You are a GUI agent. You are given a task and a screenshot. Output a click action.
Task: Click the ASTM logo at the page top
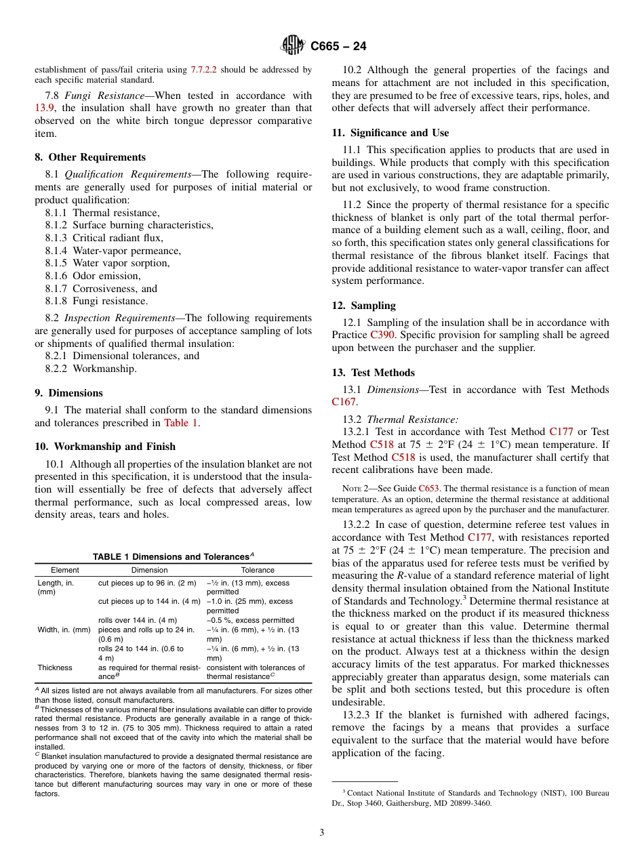(x=293, y=46)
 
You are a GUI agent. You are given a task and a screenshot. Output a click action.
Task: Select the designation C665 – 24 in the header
(x=338, y=47)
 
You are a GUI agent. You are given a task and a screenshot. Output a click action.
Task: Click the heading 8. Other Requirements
(x=90, y=157)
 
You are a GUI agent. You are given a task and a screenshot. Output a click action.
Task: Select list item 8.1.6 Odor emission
(x=93, y=276)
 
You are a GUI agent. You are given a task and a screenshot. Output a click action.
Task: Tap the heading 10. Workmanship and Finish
(x=105, y=447)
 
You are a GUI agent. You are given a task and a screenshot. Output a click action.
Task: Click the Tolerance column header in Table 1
(x=258, y=570)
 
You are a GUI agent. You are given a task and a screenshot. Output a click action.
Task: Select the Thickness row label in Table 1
(x=55, y=668)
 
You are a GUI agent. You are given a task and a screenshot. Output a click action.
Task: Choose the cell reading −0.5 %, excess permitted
(x=250, y=620)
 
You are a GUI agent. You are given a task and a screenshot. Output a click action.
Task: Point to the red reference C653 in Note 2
(x=428, y=488)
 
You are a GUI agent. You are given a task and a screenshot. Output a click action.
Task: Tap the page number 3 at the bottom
(x=322, y=833)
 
